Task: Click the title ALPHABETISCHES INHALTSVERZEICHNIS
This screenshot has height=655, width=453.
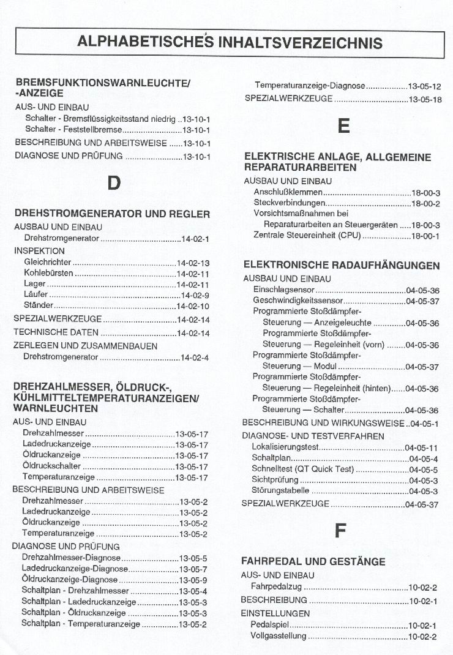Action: (x=230, y=42)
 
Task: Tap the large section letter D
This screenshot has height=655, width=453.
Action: (x=113, y=183)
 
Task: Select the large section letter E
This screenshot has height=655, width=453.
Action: (x=343, y=127)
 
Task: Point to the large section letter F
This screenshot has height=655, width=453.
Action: (x=340, y=531)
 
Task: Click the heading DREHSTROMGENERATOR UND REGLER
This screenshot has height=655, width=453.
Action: (x=112, y=214)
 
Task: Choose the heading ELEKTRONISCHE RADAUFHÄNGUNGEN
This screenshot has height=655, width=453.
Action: (x=342, y=265)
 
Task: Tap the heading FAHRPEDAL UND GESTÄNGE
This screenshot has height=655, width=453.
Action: (x=313, y=561)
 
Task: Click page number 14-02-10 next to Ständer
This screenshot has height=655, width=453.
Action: (x=193, y=305)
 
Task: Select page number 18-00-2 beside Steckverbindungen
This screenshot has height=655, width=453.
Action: (x=426, y=203)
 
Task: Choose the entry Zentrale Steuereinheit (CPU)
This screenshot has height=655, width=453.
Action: (x=307, y=236)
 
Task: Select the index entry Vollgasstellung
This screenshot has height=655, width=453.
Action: (x=279, y=636)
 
